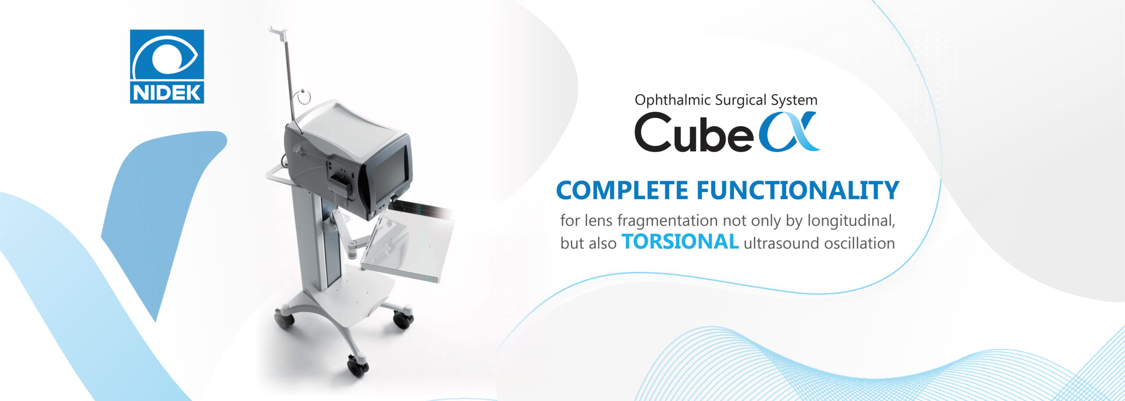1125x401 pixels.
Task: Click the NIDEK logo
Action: pos(167,66)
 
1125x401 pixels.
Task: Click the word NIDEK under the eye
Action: pos(167,92)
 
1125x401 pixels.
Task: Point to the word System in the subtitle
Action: pos(794,100)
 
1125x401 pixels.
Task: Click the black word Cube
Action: pos(694,132)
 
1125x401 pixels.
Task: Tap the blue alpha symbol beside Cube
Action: pos(789,132)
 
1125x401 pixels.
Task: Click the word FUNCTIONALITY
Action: pos(798,190)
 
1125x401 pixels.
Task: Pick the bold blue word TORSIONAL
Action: pos(680,242)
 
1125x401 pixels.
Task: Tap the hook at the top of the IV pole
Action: pos(279,32)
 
